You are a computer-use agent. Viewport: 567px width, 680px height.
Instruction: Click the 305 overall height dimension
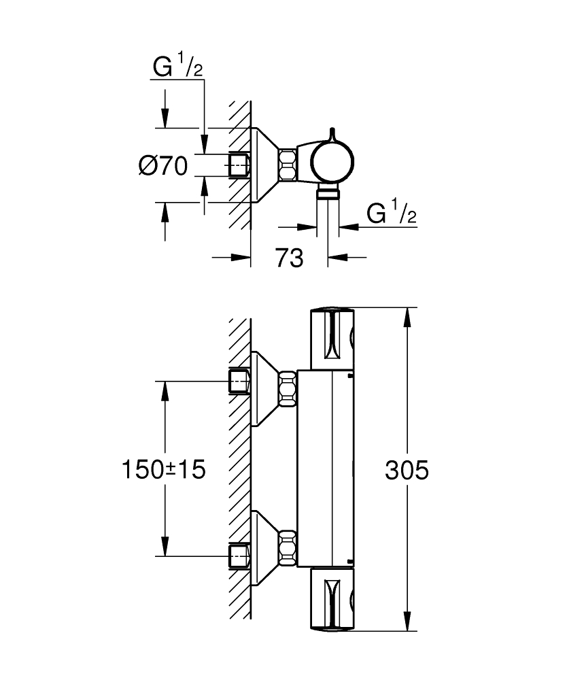pyautogui.click(x=407, y=470)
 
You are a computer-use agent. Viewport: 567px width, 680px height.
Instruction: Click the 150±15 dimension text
pyautogui.click(x=163, y=470)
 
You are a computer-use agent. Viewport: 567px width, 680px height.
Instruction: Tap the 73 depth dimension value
pyautogui.click(x=289, y=258)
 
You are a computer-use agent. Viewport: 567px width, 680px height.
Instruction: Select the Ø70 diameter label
pyautogui.click(x=163, y=166)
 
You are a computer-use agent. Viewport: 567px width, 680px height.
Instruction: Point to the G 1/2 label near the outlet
pyautogui.click(x=391, y=214)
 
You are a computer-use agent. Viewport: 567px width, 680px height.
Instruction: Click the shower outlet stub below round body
pyautogui.click(x=328, y=194)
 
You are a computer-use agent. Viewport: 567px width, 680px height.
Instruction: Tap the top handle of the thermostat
pyautogui.click(x=333, y=338)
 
